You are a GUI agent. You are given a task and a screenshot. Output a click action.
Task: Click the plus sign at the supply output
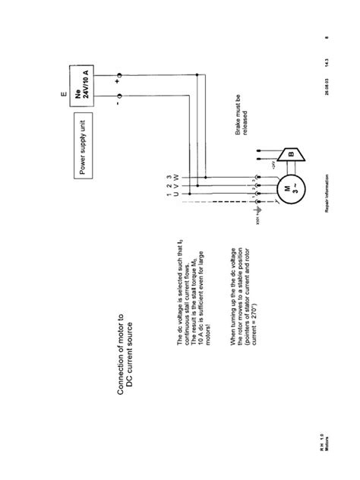119,77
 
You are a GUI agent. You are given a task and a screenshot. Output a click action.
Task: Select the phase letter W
176,176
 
